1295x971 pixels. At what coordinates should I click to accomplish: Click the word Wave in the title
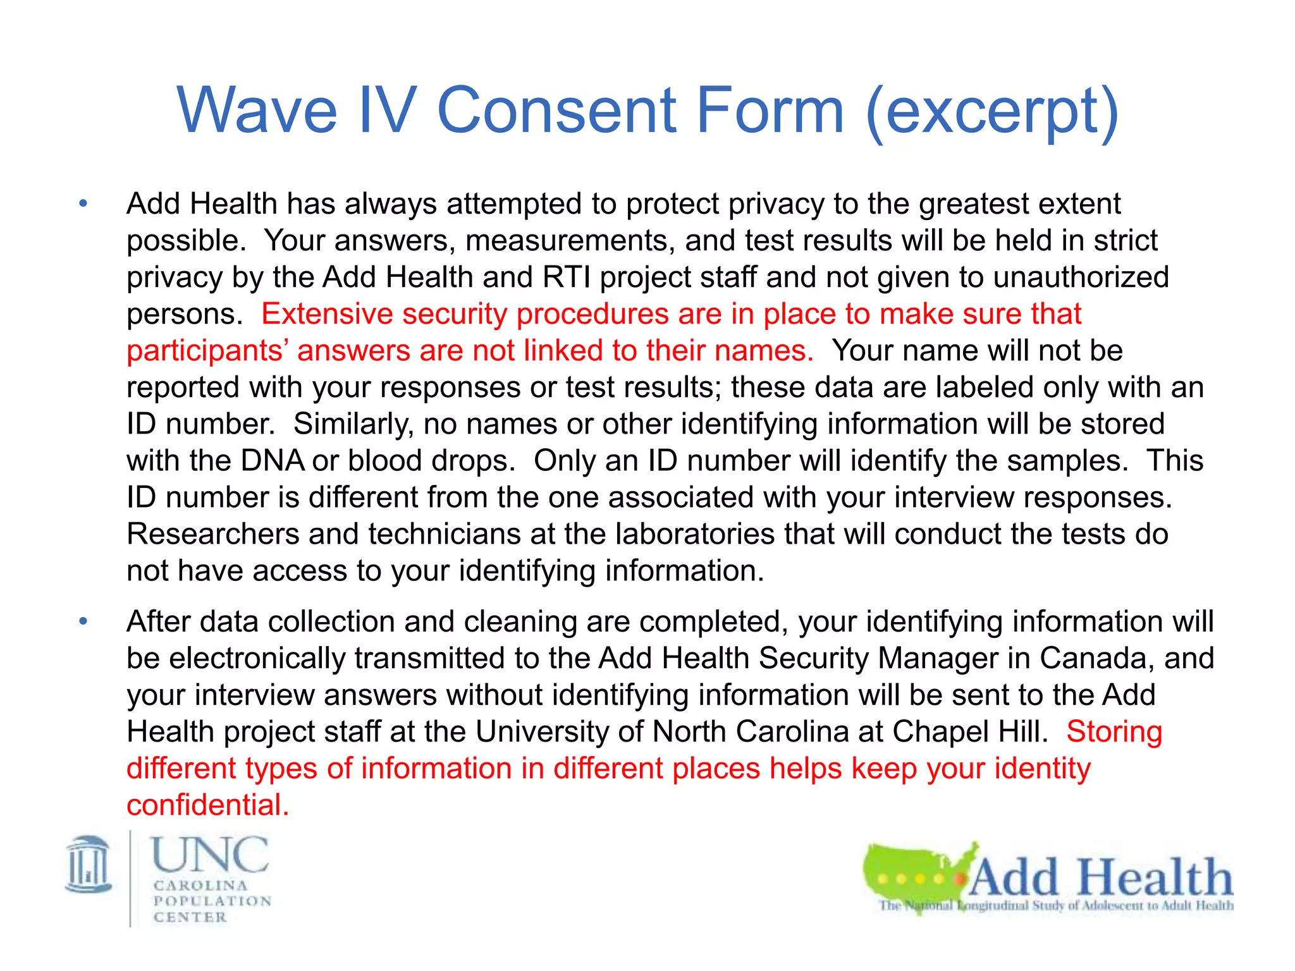point(257,111)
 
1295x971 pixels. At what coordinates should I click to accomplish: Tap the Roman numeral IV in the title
point(387,111)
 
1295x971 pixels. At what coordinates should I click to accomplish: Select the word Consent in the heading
point(556,111)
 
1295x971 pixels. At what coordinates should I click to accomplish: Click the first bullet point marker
point(83,204)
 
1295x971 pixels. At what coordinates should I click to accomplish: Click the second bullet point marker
point(83,621)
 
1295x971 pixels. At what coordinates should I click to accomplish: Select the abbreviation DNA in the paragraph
point(273,460)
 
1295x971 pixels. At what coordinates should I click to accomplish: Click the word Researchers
point(212,534)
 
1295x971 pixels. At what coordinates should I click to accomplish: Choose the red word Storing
point(1114,731)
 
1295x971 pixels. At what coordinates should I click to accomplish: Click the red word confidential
point(207,805)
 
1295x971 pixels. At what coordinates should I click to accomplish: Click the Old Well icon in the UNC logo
point(89,864)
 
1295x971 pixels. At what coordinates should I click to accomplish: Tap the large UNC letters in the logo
point(210,854)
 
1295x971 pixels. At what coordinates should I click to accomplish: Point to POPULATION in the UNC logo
point(212,901)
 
